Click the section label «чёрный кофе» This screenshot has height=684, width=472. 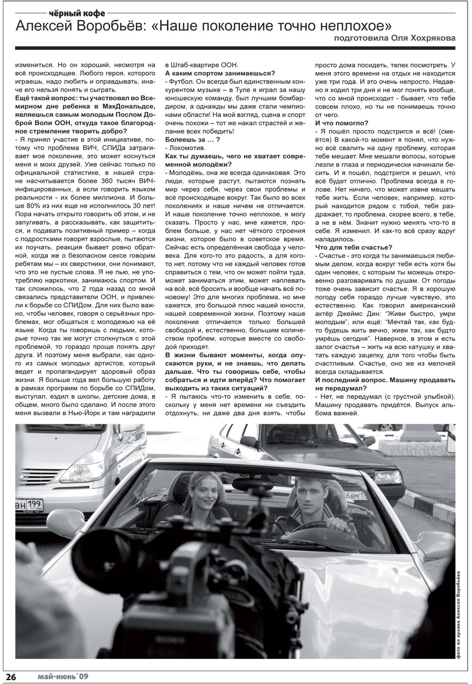coord(77,12)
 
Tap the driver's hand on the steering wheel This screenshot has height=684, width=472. coord(336,523)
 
